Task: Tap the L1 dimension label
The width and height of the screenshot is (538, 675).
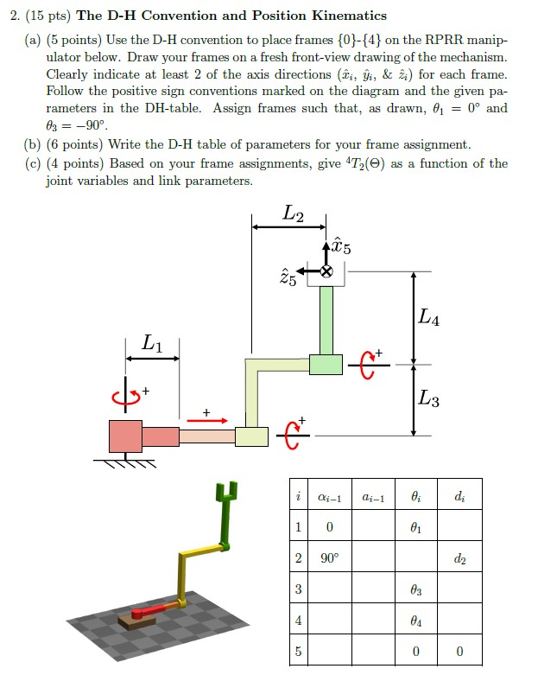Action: click(151, 345)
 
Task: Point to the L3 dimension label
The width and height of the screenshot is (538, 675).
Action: click(428, 399)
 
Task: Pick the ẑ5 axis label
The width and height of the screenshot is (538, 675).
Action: click(288, 279)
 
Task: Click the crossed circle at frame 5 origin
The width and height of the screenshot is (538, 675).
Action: click(326, 271)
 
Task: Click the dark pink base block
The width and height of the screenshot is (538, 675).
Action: click(125, 436)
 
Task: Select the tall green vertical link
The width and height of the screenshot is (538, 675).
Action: click(326, 320)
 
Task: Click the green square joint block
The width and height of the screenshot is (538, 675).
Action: click(326, 364)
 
